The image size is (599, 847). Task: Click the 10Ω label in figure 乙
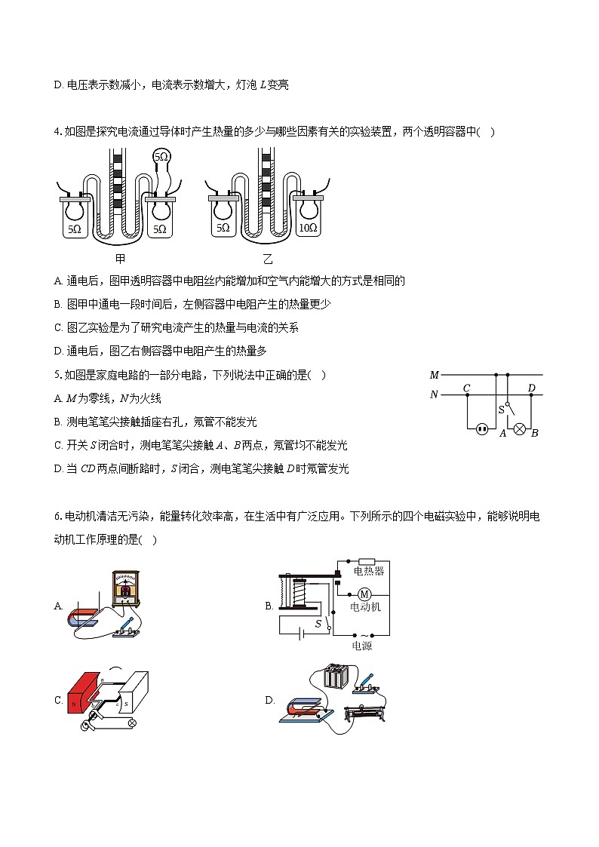pyautogui.click(x=307, y=227)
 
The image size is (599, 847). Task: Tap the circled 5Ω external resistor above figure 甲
pyautogui.click(x=162, y=157)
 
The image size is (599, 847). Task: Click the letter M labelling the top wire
pyautogui.click(x=434, y=375)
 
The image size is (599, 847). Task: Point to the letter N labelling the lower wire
pyautogui.click(x=434, y=394)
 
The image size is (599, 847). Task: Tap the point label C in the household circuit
pyautogui.click(x=467, y=388)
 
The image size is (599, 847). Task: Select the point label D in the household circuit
pyautogui.click(x=532, y=388)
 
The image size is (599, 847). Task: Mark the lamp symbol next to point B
pyautogui.click(x=519, y=429)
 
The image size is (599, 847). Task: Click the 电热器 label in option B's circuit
pyautogui.click(x=368, y=571)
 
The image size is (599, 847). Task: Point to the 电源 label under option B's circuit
pyautogui.click(x=361, y=646)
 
